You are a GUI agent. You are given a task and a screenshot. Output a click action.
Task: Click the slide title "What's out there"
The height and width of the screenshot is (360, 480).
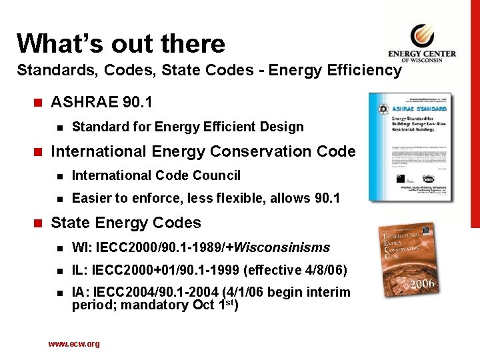coord(121,43)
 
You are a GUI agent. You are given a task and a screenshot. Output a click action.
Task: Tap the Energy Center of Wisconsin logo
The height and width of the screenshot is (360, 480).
coord(422,43)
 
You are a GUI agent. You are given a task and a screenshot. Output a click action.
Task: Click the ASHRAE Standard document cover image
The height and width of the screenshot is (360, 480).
coord(410,146)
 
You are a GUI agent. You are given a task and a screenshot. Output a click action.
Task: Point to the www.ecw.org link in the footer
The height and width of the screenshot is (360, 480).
coord(74,344)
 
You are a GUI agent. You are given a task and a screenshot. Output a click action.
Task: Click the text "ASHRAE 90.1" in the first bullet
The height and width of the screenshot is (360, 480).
coord(101,102)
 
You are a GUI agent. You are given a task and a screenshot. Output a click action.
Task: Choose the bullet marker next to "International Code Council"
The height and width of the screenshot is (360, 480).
coord(59,176)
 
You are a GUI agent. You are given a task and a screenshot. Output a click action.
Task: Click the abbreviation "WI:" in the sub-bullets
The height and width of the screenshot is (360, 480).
coord(82,248)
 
